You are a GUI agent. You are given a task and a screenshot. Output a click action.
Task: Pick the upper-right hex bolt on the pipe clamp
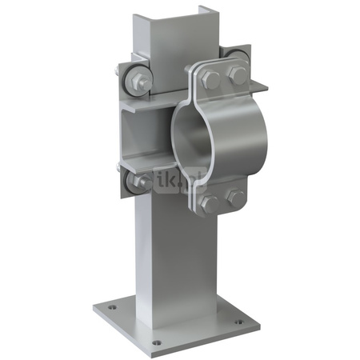tap(237, 76)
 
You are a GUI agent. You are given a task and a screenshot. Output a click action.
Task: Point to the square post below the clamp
tap(168, 256)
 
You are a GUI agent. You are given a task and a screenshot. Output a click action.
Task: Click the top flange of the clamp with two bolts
tap(223, 76)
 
